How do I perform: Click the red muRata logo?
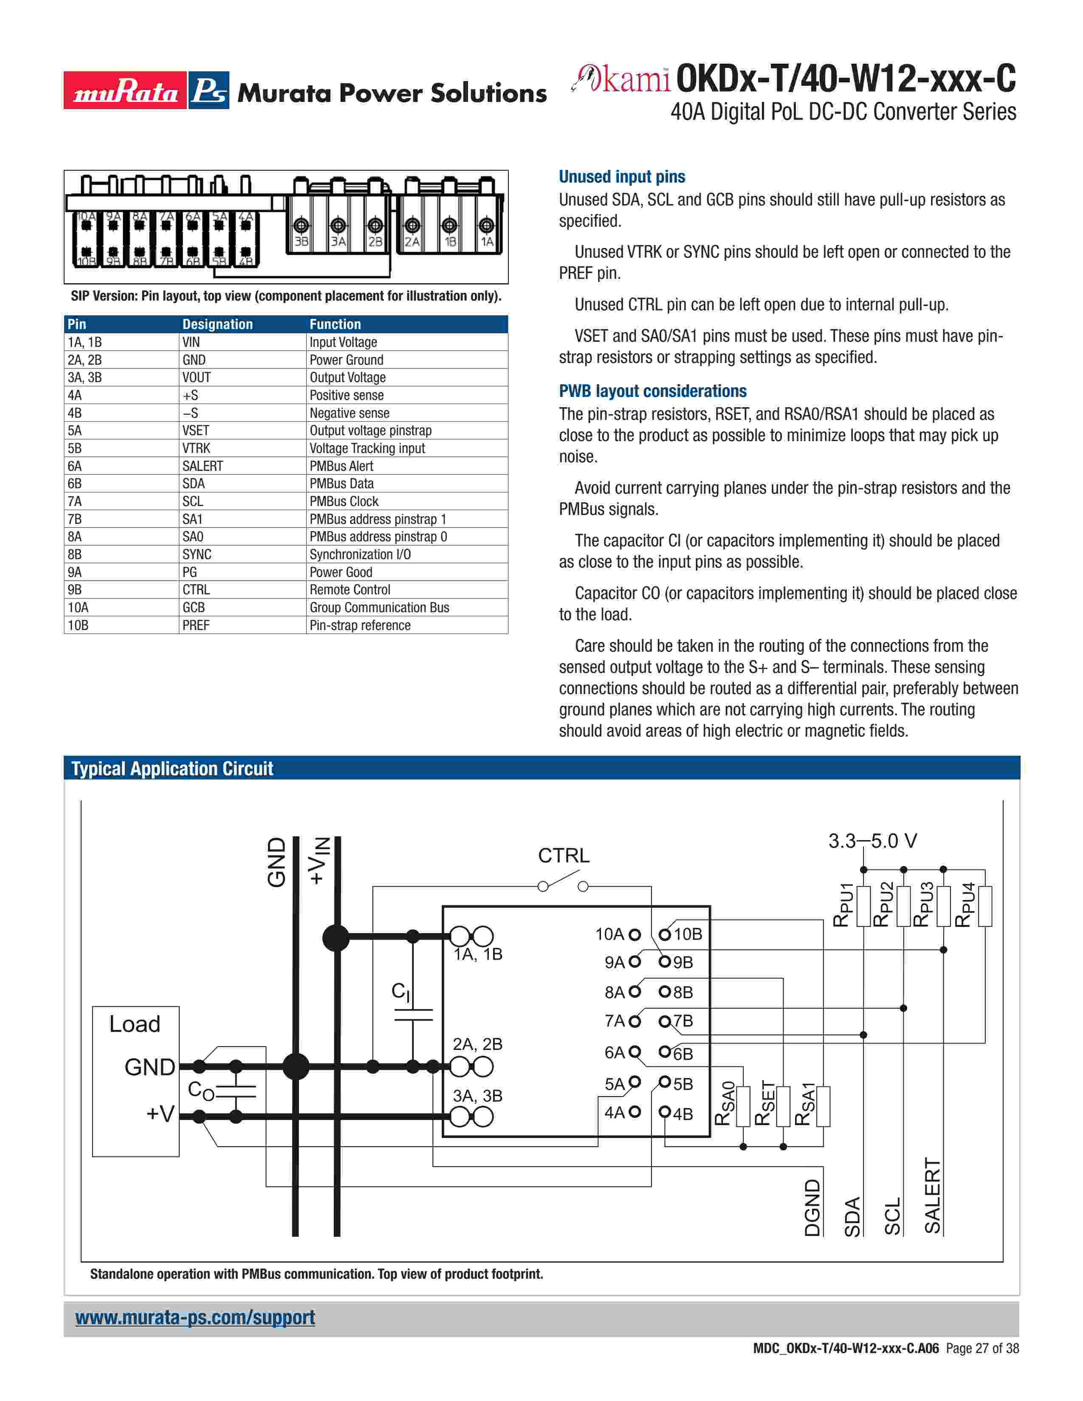(x=124, y=90)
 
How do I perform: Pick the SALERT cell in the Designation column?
(x=202, y=466)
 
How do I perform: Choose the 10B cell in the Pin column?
(x=78, y=625)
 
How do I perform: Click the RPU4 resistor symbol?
(x=985, y=906)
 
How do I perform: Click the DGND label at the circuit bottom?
(x=812, y=1207)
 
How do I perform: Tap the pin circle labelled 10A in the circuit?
(x=635, y=935)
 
